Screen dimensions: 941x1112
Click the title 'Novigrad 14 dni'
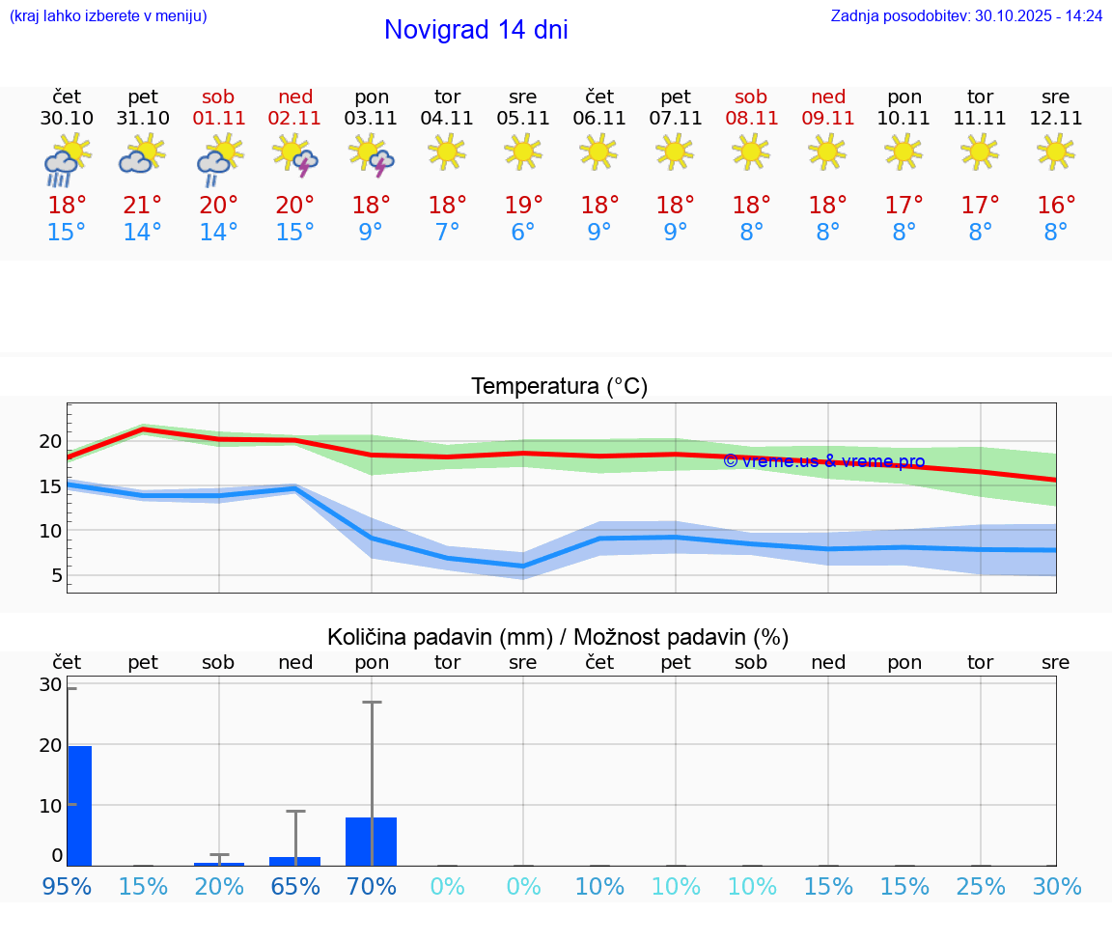point(476,30)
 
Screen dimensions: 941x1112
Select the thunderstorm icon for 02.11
point(295,155)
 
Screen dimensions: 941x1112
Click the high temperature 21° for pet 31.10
point(143,206)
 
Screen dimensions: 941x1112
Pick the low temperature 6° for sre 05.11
point(523,233)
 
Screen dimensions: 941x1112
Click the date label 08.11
point(751,119)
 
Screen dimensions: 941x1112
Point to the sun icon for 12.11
point(1056,152)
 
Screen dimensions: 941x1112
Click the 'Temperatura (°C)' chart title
point(559,387)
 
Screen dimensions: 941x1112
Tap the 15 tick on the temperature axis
point(50,485)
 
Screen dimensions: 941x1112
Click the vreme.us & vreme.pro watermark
point(823,461)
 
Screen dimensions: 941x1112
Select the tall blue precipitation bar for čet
point(79,805)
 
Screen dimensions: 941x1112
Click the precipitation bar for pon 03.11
point(371,841)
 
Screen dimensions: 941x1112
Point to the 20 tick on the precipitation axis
point(50,745)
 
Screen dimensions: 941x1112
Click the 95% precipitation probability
point(67,886)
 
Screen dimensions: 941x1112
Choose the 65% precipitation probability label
point(295,886)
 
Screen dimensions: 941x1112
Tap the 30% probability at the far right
point(1056,886)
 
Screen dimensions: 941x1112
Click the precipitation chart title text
point(558,637)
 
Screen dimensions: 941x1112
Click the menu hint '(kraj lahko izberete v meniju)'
point(108,16)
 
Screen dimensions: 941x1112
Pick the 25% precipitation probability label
point(981,886)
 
